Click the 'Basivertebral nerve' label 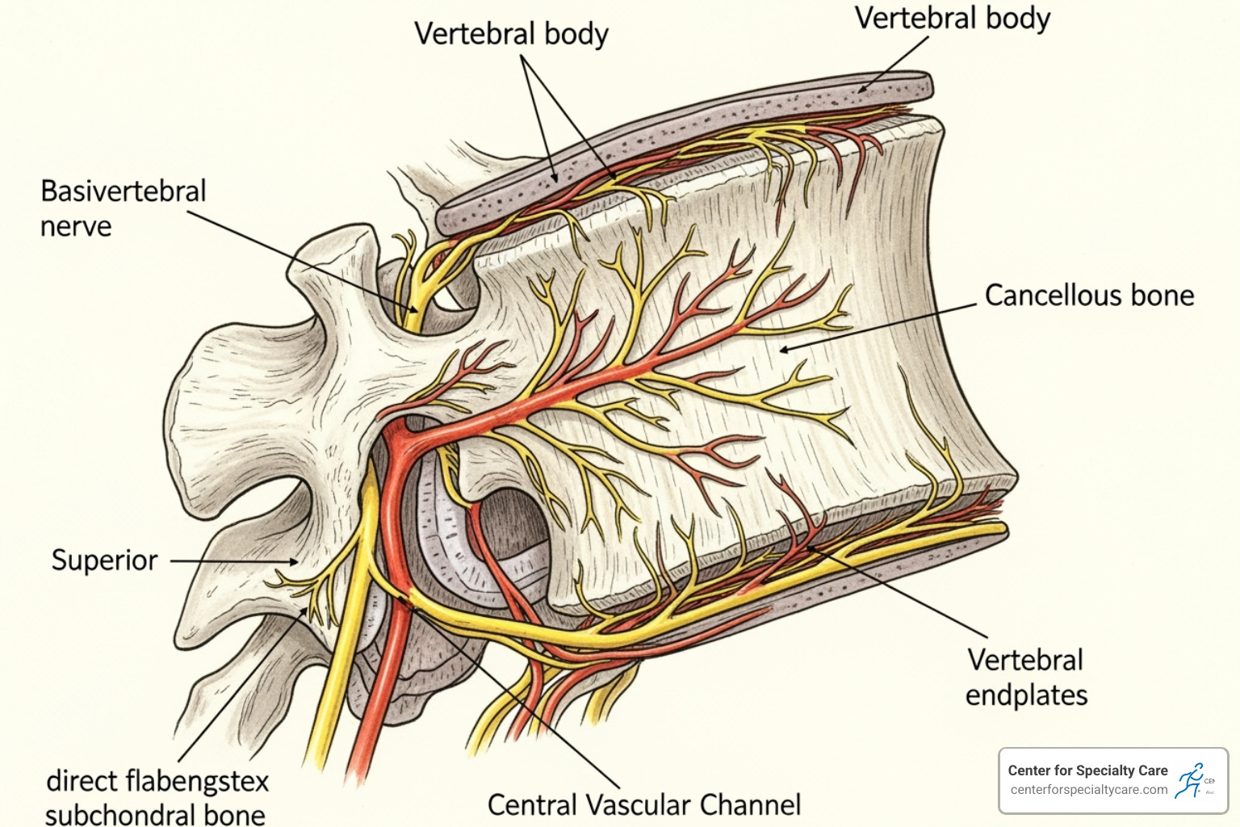pyautogui.click(x=123, y=208)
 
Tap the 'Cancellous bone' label pyautogui.click(x=1089, y=296)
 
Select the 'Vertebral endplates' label pyautogui.click(x=1026, y=678)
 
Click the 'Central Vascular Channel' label pyautogui.click(x=644, y=805)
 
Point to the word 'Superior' pyautogui.click(x=105, y=560)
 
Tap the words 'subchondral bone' pyautogui.click(x=155, y=814)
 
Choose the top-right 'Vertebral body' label pyautogui.click(x=953, y=18)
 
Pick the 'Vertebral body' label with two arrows pyautogui.click(x=511, y=34)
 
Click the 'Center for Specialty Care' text pyautogui.click(x=1087, y=770)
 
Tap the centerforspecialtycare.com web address pyautogui.click(x=1089, y=790)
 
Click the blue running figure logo pyautogui.click(x=1190, y=780)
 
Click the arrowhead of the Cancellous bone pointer pyautogui.click(x=781, y=350)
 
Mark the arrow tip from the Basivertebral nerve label pyautogui.click(x=417, y=310)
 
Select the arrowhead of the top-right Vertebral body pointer pyautogui.click(x=861, y=91)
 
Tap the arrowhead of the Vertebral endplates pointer pyautogui.click(x=808, y=548)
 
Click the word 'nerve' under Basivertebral pyautogui.click(x=76, y=227)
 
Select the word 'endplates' pyautogui.click(x=1026, y=695)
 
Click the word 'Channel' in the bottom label pyautogui.click(x=750, y=805)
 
